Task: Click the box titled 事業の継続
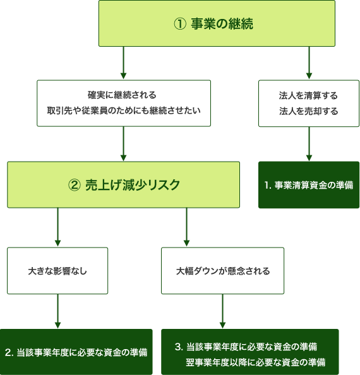217,23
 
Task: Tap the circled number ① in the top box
180,24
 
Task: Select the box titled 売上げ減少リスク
123,184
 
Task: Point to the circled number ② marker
75,185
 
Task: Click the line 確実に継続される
122,95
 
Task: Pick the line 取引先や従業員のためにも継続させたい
124,110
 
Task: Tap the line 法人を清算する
308,95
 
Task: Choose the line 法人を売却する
309,111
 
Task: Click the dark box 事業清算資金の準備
309,185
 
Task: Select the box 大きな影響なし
57,271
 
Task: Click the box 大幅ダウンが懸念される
222,271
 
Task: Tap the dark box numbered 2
76,352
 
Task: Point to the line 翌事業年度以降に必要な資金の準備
255,362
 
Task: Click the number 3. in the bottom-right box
179,347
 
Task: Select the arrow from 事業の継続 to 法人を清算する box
309,62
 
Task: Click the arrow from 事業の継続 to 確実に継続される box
123,62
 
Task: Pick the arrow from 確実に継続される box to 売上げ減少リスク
123,144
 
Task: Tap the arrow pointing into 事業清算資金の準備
309,144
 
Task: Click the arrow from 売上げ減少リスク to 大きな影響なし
57,227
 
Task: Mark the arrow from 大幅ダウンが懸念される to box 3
223,311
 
